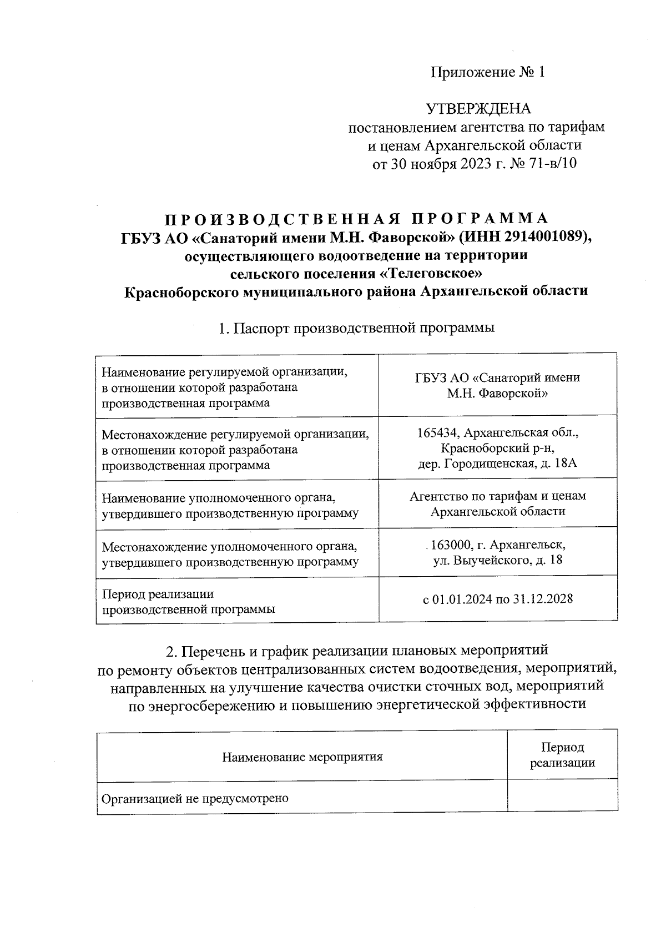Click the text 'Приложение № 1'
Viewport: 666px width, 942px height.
coord(488,72)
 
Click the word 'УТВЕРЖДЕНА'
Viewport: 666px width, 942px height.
coord(478,109)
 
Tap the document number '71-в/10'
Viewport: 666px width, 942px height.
coord(552,164)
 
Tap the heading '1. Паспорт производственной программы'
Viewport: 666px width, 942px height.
coord(356,328)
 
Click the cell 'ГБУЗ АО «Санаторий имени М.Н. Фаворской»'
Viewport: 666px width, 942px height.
coord(497,385)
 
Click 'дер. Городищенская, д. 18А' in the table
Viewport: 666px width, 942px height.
coord(497,463)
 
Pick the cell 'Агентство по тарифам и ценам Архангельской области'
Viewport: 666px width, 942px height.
coord(497,503)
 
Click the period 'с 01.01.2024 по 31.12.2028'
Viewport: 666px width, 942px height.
coord(497,599)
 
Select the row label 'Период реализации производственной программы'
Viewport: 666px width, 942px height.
coord(189,601)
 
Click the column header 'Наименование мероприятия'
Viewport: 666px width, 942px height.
coord(302,757)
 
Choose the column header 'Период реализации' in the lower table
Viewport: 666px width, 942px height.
coord(562,755)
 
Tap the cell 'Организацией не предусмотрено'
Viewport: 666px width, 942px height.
coord(195,799)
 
